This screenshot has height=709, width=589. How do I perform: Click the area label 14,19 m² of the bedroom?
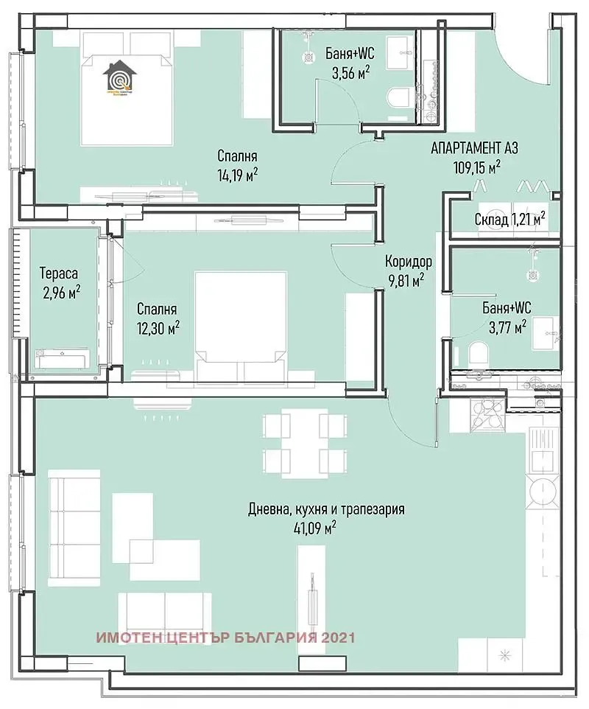236,175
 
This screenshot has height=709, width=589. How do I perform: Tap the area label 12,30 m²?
158,327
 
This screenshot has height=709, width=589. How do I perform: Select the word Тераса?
59,274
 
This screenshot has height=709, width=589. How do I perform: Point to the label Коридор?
408,262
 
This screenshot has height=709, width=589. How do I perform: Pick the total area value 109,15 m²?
476,167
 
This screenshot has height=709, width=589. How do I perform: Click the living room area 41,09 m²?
314,527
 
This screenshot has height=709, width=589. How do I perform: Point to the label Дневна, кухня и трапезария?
326,509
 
